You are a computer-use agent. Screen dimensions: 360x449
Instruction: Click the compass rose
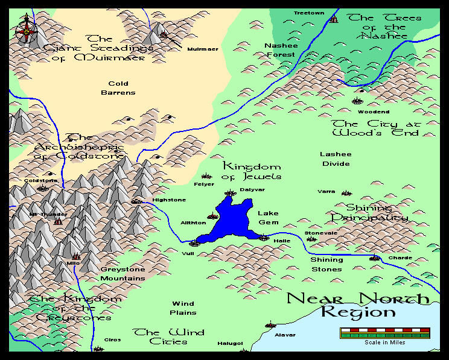[x=26, y=28]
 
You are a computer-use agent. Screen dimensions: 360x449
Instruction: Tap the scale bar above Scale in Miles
[x=384, y=332]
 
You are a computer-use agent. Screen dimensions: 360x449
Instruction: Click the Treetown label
[x=308, y=13]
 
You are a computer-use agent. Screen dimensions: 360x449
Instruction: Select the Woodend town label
[x=374, y=112]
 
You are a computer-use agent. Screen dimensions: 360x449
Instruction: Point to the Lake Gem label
[x=268, y=218]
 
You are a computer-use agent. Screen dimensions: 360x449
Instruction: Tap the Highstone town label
[x=169, y=200]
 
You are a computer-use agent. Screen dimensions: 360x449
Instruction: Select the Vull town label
[x=188, y=254]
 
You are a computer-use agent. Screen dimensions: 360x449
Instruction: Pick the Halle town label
[x=282, y=241]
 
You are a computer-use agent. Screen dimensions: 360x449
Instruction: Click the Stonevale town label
[x=321, y=233]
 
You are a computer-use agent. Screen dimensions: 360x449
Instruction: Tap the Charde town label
[x=400, y=258]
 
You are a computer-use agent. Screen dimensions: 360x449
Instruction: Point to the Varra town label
[x=326, y=192]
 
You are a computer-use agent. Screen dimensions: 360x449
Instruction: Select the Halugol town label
[x=230, y=344]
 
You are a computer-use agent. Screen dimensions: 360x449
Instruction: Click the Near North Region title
[x=358, y=305]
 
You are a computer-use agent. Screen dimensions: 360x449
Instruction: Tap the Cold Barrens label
[x=118, y=88]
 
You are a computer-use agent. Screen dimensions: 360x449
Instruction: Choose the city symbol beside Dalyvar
[x=229, y=194]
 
